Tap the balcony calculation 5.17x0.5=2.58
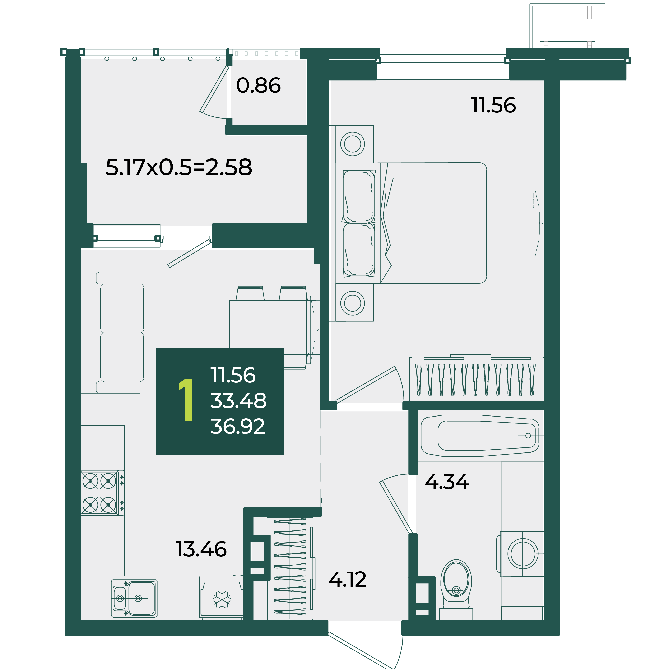[179, 167]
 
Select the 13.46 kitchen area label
[201, 549]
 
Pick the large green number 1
[186, 400]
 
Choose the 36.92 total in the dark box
[238, 426]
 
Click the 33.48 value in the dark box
[238, 401]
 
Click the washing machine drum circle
[523, 553]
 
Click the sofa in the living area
[112, 333]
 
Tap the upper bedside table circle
[353, 144]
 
